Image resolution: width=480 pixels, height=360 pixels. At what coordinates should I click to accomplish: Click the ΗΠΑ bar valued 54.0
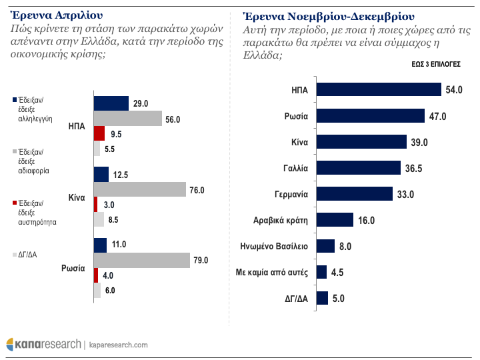click(x=379, y=90)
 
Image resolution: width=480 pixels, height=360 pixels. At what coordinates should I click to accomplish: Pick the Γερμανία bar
click(x=355, y=194)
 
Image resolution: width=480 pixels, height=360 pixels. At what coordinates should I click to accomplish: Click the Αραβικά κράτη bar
click(x=335, y=220)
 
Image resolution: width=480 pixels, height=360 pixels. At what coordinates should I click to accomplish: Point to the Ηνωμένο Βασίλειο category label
click(x=273, y=246)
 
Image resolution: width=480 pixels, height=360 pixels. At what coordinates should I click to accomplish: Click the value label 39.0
click(x=419, y=142)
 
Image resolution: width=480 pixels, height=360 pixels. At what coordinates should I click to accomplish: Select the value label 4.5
click(x=338, y=272)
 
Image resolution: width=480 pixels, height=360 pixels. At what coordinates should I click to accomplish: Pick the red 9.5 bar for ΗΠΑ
click(x=99, y=133)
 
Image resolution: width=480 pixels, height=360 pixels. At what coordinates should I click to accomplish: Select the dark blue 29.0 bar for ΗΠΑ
click(x=111, y=103)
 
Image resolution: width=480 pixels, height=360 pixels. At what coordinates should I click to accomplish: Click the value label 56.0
click(x=173, y=119)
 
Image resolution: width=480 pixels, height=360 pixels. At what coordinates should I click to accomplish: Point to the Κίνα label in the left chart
click(x=76, y=198)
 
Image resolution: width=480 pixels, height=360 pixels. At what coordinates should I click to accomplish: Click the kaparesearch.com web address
click(x=118, y=345)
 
